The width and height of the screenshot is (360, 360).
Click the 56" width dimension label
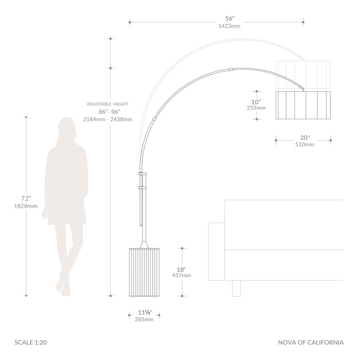pos(230,18)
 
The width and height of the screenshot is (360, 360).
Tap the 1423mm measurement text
pos(229,26)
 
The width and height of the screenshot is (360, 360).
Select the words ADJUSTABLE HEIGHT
pos(108,104)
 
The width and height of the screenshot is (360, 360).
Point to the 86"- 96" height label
pos(109,112)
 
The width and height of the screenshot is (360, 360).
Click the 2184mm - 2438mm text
pos(108,119)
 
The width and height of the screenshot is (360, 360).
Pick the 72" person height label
pos(26,198)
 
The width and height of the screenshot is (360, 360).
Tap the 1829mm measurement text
pos(26,206)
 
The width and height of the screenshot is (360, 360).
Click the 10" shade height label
pos(256,102)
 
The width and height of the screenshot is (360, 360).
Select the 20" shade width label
pos(305,138)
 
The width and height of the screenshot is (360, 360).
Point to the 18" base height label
pos(181,270)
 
